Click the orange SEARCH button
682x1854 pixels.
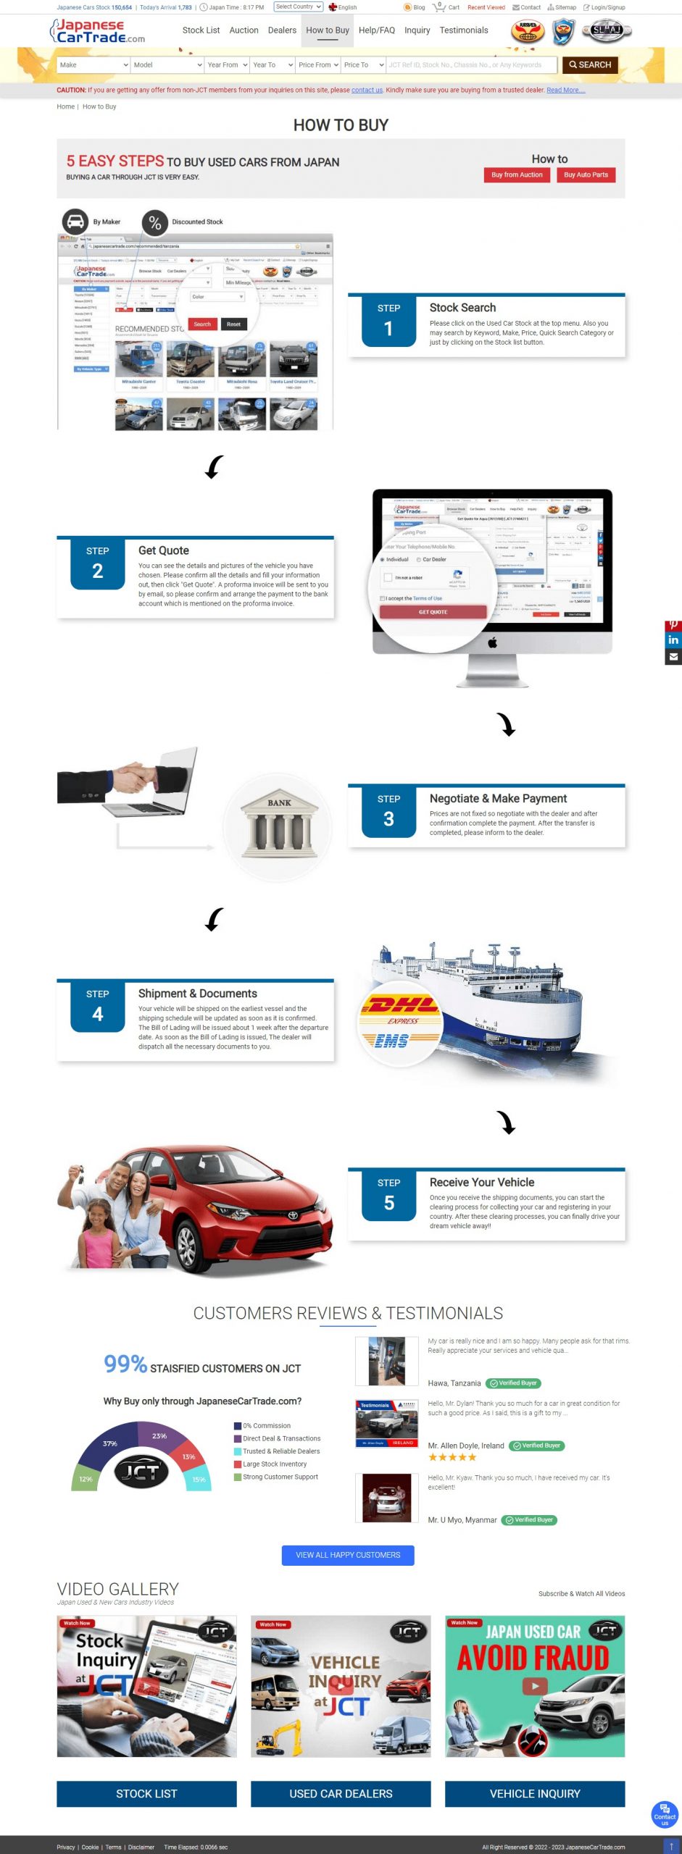[x=590, y=65]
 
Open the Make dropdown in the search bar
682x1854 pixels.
[x=93, y=65]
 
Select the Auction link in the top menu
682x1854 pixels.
[x=244, y=30]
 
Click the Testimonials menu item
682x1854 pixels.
[x=463, y=30]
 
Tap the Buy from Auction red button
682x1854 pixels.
[x=517, y=175]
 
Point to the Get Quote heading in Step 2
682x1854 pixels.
[x=164, y=550]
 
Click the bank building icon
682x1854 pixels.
[x=279, y=826]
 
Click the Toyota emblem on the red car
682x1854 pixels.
[x=293, y=1216]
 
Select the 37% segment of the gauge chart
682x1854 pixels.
[x=109, y=1443]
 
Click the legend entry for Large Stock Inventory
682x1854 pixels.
[x=274, y=1464]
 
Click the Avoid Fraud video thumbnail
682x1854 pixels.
[x=534, y=1686]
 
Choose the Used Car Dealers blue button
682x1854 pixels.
[x=341, y=1794]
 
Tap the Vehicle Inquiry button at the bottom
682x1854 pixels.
[x=534, y=1794]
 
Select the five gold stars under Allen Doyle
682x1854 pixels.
[x=452, y=1457]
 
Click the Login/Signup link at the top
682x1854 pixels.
[x=607, y=7]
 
